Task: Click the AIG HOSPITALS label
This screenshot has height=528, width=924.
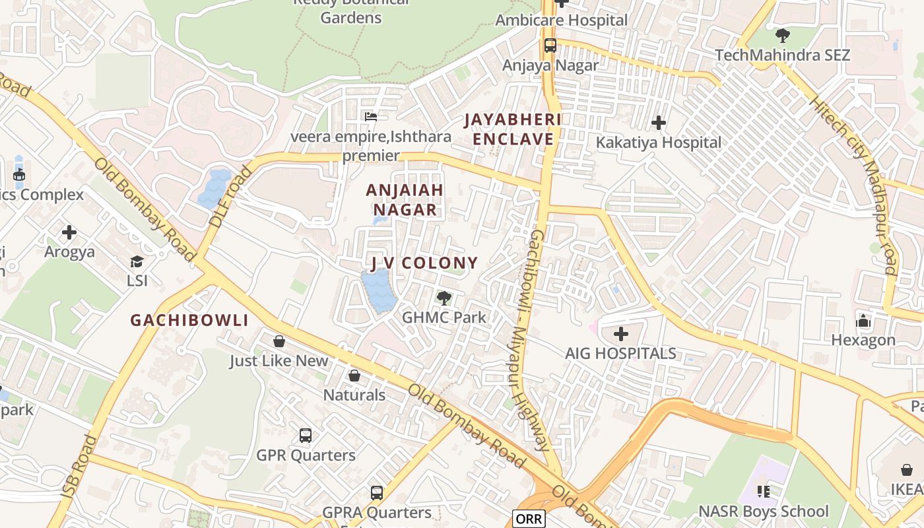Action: (x=620, y=353)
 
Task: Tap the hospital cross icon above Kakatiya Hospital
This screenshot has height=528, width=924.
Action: (x=658, y=123)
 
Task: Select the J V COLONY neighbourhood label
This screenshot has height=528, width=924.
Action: (x=424, y=263)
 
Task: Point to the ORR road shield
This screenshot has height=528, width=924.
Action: (x=529, y=519)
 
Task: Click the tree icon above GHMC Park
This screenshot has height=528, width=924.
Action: (x=444, y=298)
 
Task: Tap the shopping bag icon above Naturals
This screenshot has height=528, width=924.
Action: (x=354, y=376)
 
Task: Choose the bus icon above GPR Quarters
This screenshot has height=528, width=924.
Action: (x=305, y=436)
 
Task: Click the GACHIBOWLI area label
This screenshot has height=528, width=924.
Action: (x=189, y=321)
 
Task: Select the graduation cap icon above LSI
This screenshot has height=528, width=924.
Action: (x=137, y=261)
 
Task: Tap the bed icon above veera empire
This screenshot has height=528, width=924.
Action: (x=371, y=117)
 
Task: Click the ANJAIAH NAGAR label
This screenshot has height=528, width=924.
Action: (x=405, y=200)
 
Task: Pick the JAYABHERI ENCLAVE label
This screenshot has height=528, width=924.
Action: (x=513, y=129)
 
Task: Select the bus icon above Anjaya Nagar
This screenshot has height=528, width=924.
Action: (x=550, y=46)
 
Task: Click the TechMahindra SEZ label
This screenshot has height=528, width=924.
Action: (x=782, y=55)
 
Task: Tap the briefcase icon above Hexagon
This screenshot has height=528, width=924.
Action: (x=863, y=321)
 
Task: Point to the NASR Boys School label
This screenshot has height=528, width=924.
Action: (x=764, y=511)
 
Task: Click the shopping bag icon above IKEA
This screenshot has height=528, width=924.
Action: (x=907, y=470)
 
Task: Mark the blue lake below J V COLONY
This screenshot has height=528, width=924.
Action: (x=378, y=291)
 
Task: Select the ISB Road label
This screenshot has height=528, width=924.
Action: (x=79, y=467)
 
